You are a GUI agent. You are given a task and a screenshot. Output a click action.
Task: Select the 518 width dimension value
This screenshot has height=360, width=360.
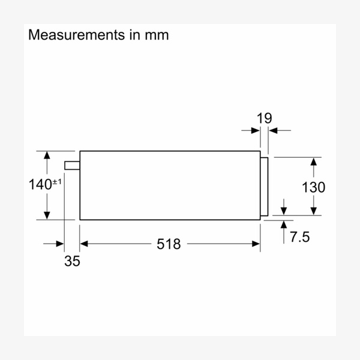(x=168, y=244)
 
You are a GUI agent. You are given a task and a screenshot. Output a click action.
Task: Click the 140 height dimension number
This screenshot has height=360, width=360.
(x=40, y=185)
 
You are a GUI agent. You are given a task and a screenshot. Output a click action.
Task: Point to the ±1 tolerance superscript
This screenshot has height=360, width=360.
(x=57, y=181)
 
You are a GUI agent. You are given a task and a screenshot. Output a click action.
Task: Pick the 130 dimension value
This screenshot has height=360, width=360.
(x=313, y=187)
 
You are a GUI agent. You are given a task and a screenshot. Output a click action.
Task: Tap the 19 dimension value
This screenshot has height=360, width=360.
(x=264, y=118)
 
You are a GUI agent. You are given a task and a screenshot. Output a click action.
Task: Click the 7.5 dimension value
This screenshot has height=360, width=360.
(x=299, y=237)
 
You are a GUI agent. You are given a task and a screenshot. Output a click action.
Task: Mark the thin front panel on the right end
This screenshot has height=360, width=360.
(x=264, y=186)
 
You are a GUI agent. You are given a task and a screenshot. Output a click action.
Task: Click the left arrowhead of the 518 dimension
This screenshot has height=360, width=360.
(x=84, y=244)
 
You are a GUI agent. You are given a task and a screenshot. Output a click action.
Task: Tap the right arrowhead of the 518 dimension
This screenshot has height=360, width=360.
(x=256, y=244)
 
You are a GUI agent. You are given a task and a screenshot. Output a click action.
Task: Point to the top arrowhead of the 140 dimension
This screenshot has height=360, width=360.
(x=46, y=155)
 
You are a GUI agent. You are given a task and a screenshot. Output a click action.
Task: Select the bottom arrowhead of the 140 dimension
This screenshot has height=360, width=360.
(x=46, y=215)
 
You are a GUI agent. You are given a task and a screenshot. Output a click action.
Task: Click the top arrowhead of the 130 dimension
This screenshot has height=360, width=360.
(x=313, y=161)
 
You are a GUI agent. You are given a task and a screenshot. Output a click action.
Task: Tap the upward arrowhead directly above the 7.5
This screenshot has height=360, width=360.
(x=284, y=224)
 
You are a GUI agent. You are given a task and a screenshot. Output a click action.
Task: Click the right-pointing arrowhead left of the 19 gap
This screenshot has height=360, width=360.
(x=256, y=130)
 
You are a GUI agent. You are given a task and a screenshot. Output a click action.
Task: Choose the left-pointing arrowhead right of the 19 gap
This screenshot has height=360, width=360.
(x=272, y=130)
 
